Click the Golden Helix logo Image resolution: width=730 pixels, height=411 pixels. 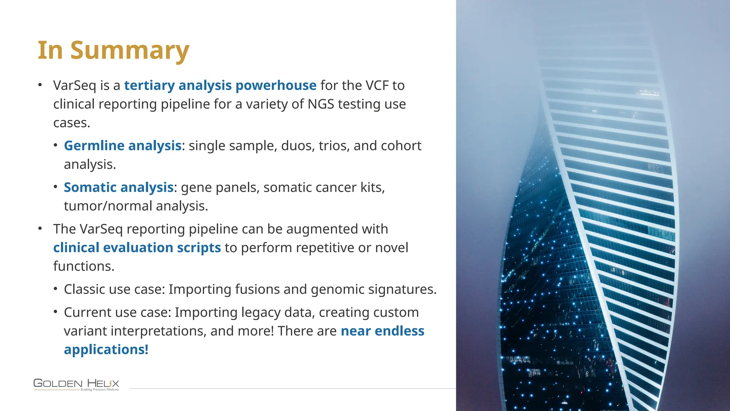76,384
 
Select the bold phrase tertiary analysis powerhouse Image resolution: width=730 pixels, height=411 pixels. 220,86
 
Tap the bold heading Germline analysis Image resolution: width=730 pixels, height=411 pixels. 123,146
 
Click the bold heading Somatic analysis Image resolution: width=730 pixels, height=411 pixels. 118,188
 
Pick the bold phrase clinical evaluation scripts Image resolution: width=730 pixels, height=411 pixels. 137,248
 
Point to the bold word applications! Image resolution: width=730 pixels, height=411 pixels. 106,350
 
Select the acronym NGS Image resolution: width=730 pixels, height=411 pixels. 321,104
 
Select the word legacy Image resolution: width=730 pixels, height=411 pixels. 261,313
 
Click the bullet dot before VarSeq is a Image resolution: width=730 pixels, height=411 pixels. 40,85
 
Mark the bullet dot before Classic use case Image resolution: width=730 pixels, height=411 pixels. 56,289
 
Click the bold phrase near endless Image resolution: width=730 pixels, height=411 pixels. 382,331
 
